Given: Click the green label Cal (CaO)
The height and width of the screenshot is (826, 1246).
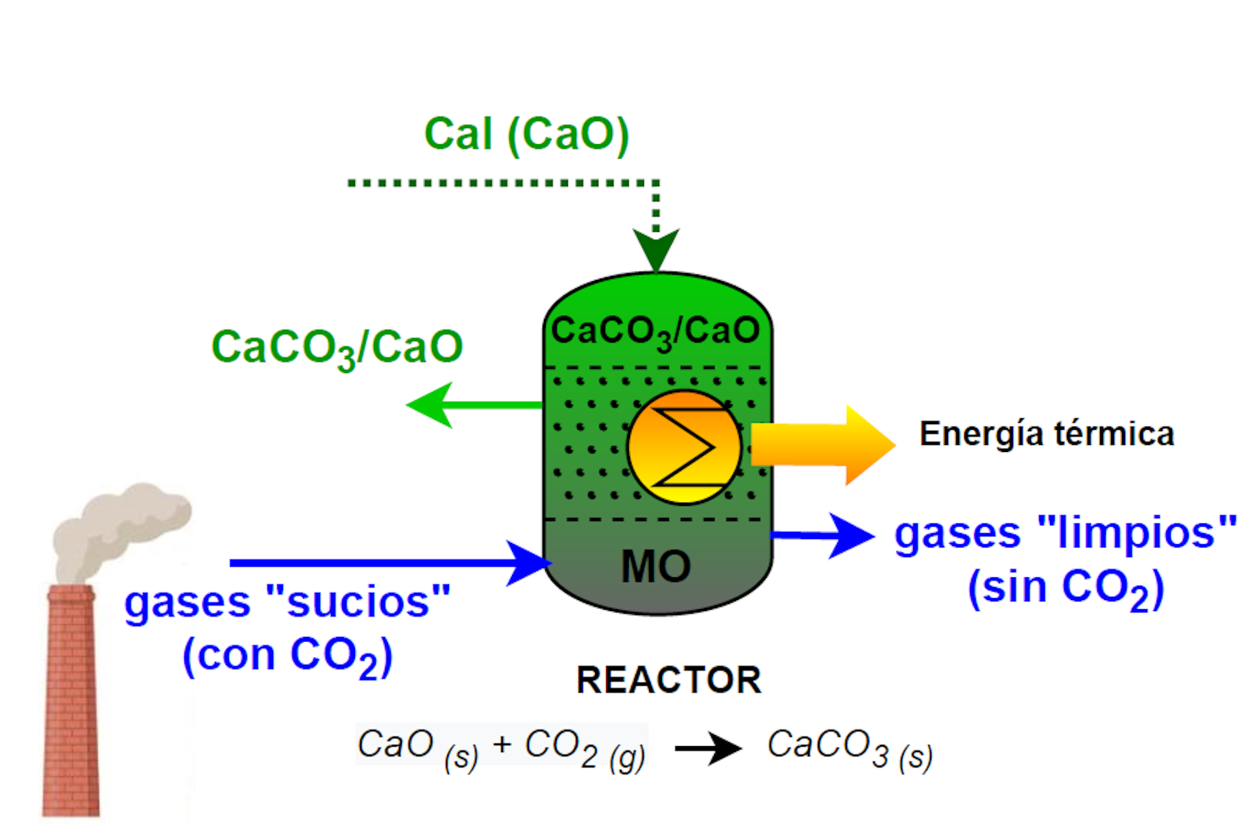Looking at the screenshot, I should coord(526,134).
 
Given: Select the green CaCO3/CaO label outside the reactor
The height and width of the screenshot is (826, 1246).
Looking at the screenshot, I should coord(337,348).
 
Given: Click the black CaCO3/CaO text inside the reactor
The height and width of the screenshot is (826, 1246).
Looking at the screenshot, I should coord(655,331).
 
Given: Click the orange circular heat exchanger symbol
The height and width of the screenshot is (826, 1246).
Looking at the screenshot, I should coord(685,447).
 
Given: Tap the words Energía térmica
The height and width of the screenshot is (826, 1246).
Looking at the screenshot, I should coord(1047,434).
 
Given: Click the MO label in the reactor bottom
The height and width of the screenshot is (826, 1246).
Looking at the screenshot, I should coord(656,566).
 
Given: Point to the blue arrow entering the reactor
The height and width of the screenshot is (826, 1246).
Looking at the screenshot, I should coord(389,563).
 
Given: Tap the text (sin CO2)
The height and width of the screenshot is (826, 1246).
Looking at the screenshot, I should coord(1066,588).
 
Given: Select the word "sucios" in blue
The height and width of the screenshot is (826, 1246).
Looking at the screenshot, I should coord(358,602).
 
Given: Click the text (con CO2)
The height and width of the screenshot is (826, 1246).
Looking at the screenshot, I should coord(287,656).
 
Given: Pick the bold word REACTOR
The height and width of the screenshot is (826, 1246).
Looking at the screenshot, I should coord(668,680).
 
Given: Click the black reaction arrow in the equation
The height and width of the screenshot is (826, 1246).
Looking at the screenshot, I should coord(707,748).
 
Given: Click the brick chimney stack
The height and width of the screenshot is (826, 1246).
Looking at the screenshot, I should coord(71,701).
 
